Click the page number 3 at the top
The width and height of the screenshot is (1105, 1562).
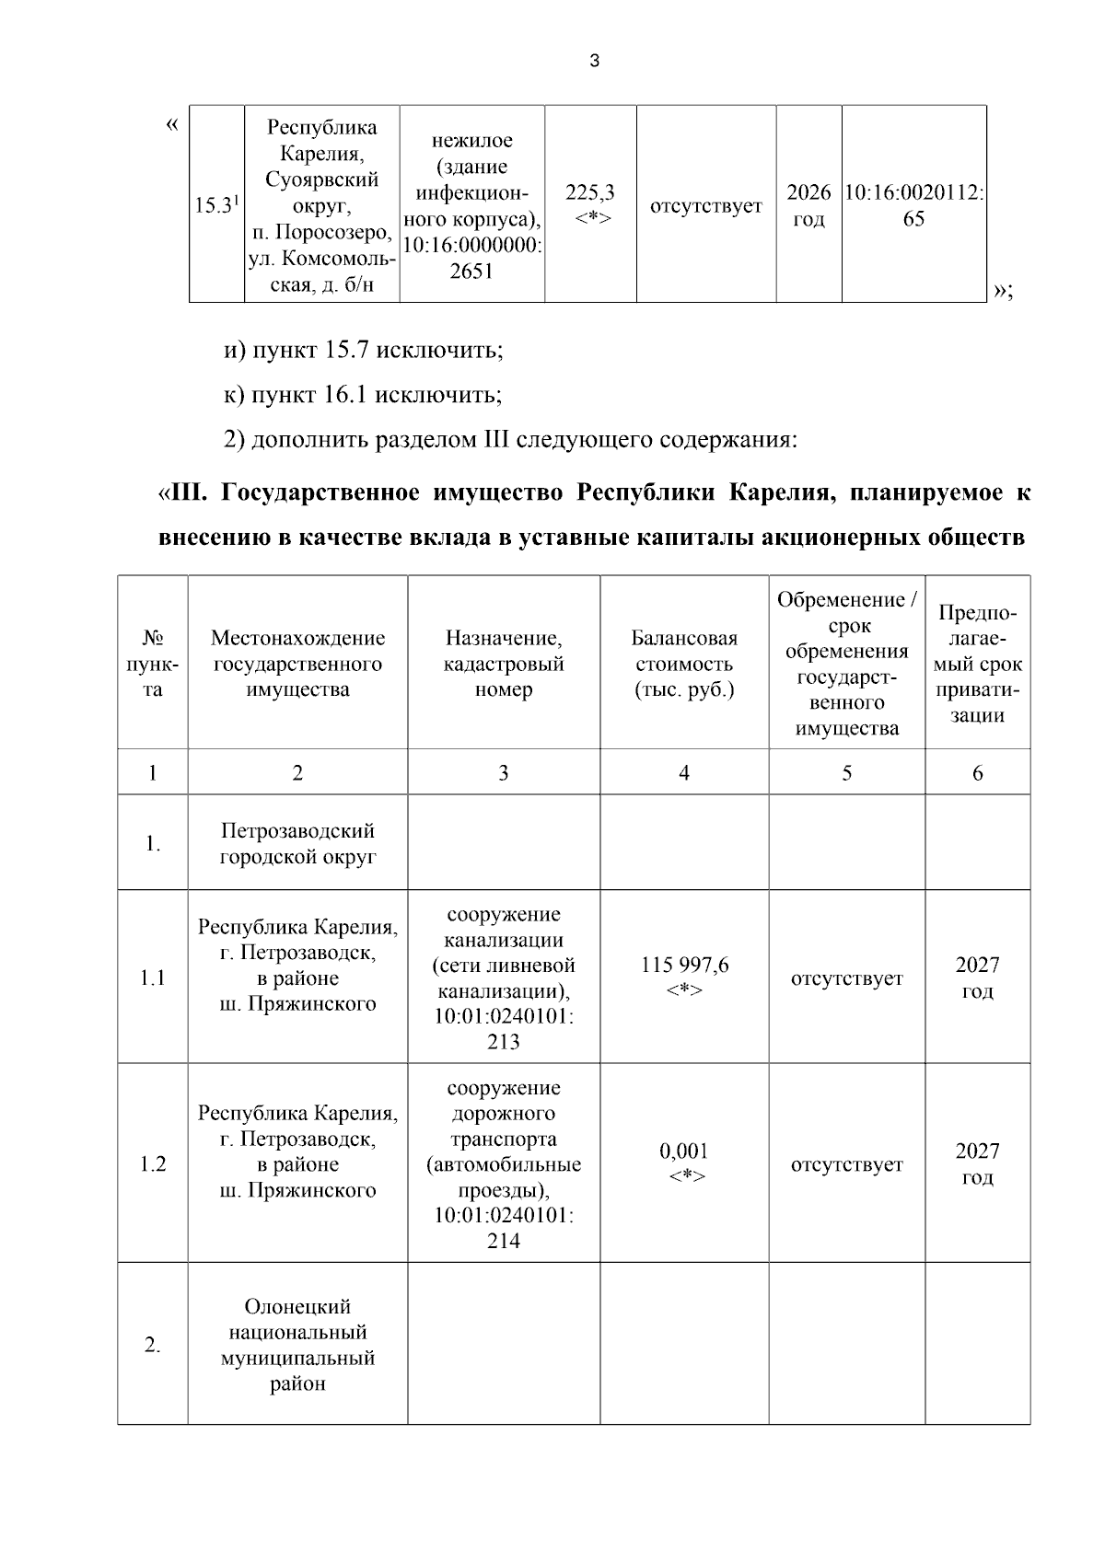[x=594, y=62]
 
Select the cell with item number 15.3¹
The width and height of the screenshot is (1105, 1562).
[x=217, y=205]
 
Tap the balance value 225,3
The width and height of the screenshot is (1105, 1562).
[x=590, y=193]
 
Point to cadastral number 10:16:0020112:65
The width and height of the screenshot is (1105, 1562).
[x=913, y=205]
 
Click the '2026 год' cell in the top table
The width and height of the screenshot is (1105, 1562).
[x=808, y=205]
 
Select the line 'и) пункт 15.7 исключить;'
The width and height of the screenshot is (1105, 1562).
[x=364, y=351]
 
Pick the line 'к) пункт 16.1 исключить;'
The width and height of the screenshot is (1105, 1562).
[x=364, y=395]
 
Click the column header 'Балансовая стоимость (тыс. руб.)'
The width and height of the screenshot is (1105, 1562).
[x=684, y=664]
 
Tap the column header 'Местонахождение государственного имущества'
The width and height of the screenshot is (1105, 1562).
[x=297, y=664]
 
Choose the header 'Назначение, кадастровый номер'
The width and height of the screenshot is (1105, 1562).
[x=504, y=664]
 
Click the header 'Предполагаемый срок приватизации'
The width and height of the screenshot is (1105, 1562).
[x=977, y=664]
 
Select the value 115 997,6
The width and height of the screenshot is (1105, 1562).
[x=684, y=965]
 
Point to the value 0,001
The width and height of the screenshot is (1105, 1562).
[x=684, y=1151]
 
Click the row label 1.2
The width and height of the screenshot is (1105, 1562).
[x=153, y=1164]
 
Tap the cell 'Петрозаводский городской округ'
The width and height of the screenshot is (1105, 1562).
[x=297, y=843]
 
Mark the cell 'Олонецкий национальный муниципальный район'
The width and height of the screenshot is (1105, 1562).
[x=297, y=1345]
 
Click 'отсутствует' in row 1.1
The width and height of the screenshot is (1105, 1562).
[x=846, y=978]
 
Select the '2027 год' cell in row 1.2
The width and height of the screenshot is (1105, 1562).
[x=977, y=1164]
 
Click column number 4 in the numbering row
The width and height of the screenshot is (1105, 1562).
[x=684, y=773]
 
